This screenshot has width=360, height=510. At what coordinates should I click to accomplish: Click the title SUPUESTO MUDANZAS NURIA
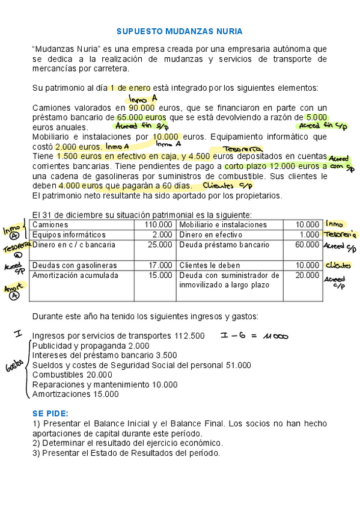click(x=179, y=31)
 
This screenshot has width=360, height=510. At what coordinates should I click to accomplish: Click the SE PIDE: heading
click(x=50, y=414)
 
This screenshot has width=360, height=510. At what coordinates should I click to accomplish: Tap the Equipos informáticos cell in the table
click(x=69, y=235)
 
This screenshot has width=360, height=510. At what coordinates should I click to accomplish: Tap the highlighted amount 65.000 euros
click(x=142, y=117)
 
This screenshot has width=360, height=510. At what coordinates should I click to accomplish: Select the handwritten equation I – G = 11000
click(x=255, y=336)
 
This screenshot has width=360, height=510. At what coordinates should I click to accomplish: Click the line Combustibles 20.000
click(x=72, y=375)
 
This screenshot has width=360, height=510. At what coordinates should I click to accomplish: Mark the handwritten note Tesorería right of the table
click(x=340, y=235)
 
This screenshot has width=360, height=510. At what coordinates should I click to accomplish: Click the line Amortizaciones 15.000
click(x=75, y=395)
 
